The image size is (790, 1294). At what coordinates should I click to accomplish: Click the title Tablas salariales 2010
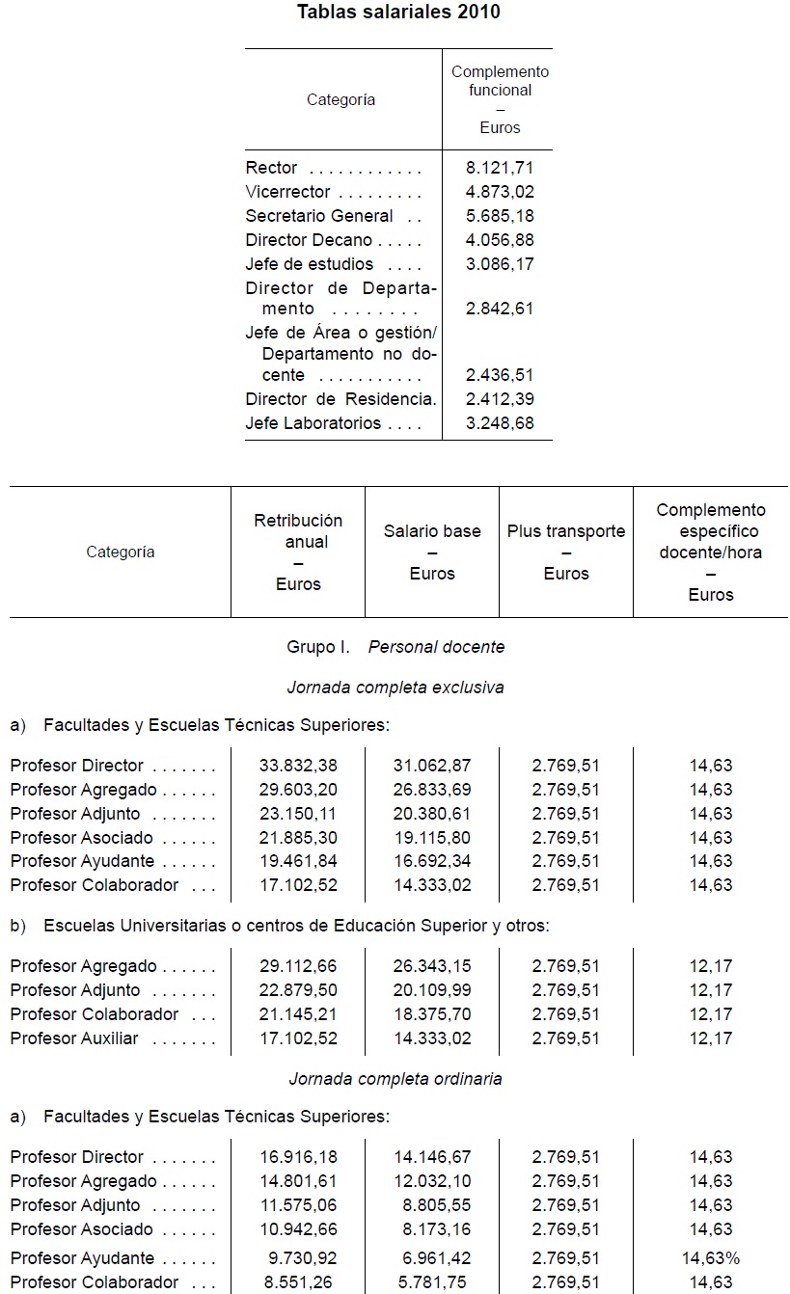click(398, 13)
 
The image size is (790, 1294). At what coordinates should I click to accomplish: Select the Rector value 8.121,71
click(499, 168)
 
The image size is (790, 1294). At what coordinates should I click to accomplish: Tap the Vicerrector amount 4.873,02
click(499, 192)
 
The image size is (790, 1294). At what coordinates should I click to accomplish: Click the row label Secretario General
click(319, 216)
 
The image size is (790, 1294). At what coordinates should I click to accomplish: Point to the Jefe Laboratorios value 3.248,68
click(499, 423)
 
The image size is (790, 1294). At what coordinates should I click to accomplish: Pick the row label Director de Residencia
click(340, 399)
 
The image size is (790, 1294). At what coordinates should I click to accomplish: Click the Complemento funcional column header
click(500, 99)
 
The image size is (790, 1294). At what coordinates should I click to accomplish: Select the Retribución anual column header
click(298, 552)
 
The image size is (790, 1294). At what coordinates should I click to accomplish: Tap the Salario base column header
click(432, 552)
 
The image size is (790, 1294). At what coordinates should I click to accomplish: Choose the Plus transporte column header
click(566, 552)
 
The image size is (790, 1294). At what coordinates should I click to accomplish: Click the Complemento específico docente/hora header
click(711, 552)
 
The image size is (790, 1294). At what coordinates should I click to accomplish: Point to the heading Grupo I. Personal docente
click(395, 647)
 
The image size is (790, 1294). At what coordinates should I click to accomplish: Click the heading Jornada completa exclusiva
click(395, 687)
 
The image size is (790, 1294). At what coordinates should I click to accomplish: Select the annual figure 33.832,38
click(298, 766)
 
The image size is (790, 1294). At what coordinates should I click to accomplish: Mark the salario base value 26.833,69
click(432, 790)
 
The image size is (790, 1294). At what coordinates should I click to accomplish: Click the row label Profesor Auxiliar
click(74, 1038)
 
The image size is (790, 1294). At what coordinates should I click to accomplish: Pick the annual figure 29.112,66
click(298, 966)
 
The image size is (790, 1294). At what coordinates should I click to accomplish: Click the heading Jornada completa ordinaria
click(395, 1079)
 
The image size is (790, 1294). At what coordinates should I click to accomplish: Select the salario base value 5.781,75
click(436, 1282)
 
